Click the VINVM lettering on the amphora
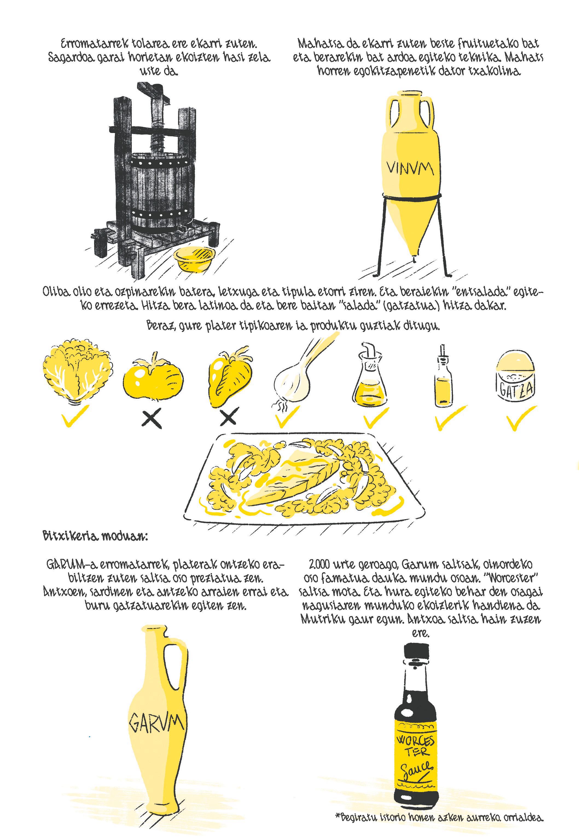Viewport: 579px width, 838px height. click(410, 168)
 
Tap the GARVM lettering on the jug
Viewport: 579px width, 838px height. click(156, 723)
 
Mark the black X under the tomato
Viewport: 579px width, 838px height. click(151, 419)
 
